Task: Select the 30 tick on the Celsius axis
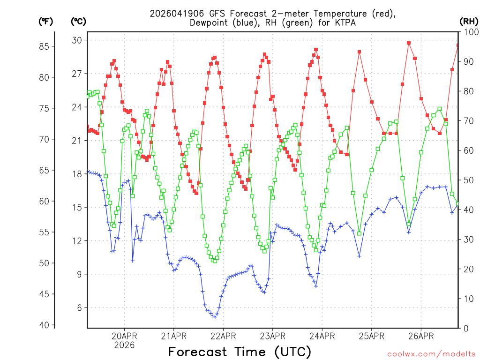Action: tap(77, 40)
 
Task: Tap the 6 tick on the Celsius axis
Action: tap(79, 307)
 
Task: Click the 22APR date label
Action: tap(223, 336)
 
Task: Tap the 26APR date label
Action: tap(420, 336)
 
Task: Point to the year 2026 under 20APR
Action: tap(124, 345)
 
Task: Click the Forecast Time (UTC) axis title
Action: tap(240, 352)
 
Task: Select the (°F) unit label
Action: tap(46, 21)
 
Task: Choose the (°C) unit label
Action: tap(78, 21)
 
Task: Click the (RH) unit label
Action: tap(469, 21)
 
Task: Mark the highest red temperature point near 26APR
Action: tap(409, 43)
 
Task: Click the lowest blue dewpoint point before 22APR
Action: tap(215, 317)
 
